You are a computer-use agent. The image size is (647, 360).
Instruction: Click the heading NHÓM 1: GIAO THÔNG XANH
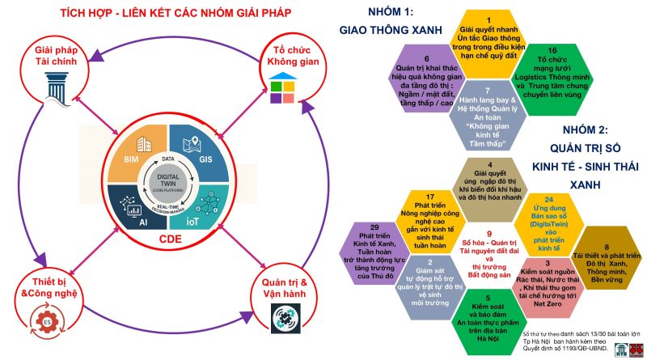pos(392,22)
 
